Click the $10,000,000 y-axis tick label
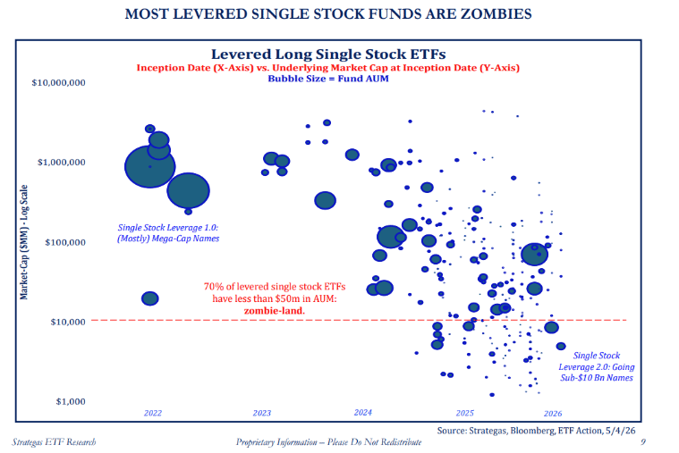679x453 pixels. pos(58,82)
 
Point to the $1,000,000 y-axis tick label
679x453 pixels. pos(62,163)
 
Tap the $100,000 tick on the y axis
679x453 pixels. pos(65,242)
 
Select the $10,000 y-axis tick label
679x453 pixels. pos(68,322)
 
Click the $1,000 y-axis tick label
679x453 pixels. pos(71,401)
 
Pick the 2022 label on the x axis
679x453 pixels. pos(153,413)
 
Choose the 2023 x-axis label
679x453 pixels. pos(262,413)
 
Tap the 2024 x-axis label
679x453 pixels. pos(363,412)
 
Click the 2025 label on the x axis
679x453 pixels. pos(465,413)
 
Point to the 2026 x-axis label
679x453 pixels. pos(553,414)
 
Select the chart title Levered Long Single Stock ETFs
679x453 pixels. pos(328,55)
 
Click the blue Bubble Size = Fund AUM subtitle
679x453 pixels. pos(328,79)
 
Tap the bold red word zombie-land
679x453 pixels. pos(275,311)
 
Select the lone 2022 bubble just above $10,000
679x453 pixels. pos(150,298)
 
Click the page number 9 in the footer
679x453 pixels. pos(643,441)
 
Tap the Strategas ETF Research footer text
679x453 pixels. pos(54,442)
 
